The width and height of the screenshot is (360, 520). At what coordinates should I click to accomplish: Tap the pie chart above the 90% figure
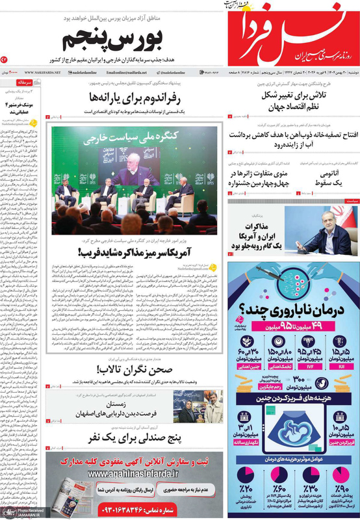(x=340, y=474)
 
